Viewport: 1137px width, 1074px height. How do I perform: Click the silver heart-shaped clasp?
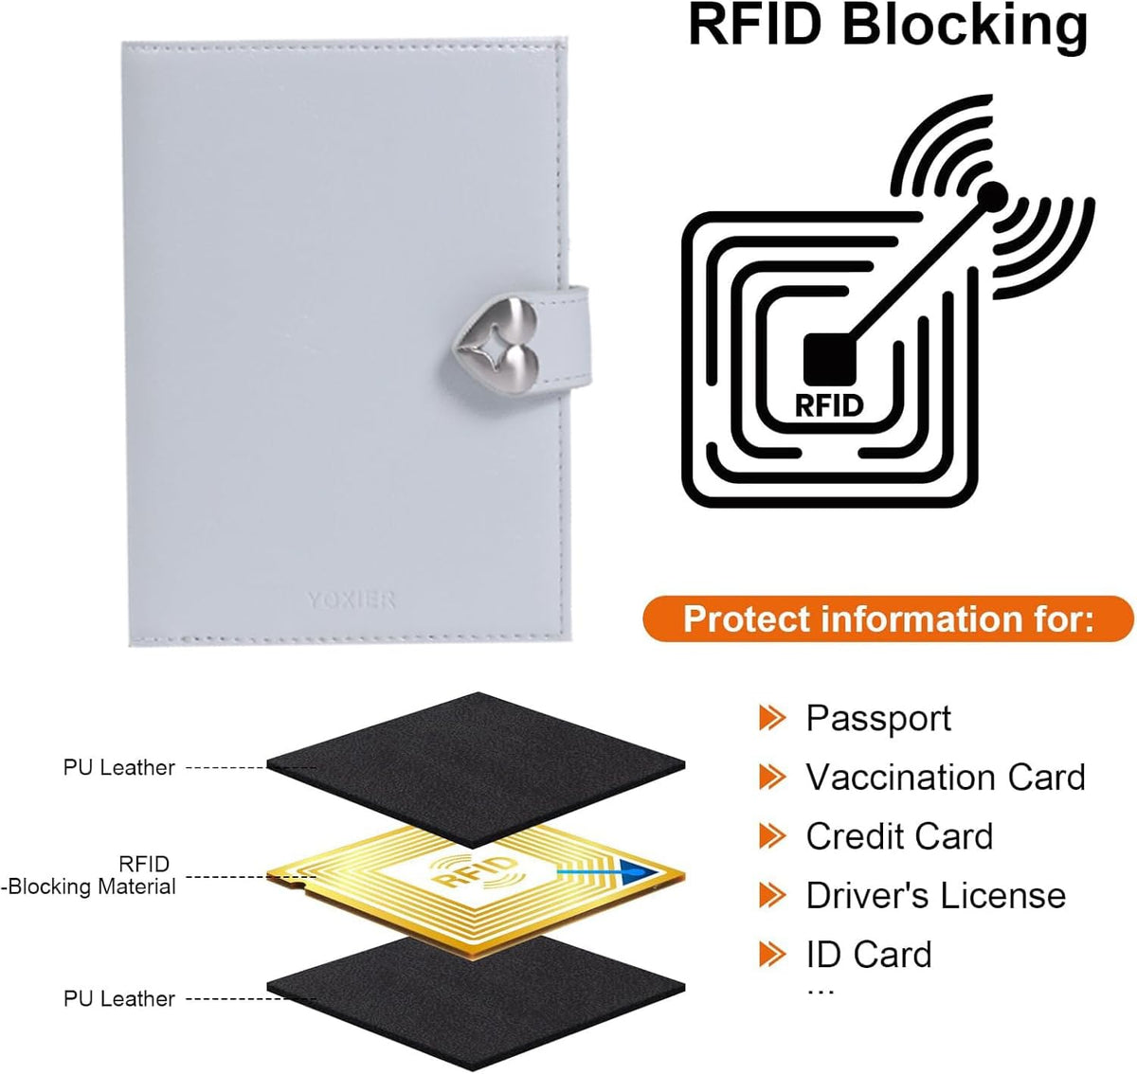[x=496, y=347]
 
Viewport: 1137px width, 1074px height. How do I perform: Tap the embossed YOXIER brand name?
[x=351, y=600]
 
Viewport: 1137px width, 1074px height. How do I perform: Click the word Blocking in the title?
[x=965, y=26]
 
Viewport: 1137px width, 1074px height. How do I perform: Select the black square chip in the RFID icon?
[x=830, y=359]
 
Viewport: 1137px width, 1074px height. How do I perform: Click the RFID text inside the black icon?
[x=829, y=405]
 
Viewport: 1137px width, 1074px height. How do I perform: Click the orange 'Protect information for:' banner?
[x=888, y=618]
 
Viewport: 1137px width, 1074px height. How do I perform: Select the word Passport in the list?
[x=878, y=719]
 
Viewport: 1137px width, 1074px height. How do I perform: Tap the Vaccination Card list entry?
[x=946, y=777]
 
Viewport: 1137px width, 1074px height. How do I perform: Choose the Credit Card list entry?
[x=899, y=836]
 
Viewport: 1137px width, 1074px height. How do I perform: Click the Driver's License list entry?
[x=936, y=895]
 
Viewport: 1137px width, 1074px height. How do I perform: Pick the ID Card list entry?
[x=869, y=954]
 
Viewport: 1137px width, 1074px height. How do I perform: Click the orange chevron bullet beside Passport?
[x=772, y=718]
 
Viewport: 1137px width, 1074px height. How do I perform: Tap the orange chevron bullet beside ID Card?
[x=772, y=954]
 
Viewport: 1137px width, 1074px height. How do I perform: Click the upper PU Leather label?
[x=119, y=768]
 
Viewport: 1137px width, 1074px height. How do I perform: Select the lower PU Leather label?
[x=119, y=999]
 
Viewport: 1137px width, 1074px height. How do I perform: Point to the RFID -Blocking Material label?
[x=89, y=876]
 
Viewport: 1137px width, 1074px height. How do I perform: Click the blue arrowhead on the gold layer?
[x=642, y=872]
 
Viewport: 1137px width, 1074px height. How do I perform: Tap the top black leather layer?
[x=477, y=769]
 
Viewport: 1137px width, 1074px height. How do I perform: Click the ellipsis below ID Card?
[x=820, y=993]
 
